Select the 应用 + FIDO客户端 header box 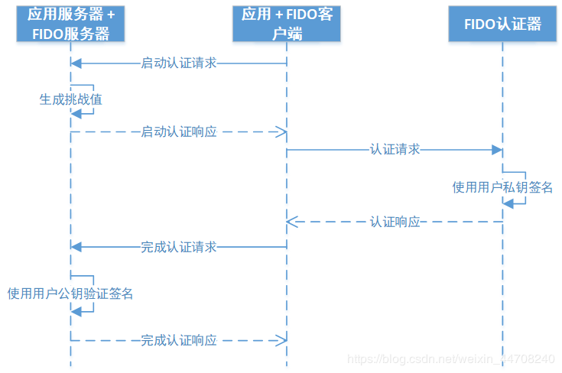point(287,24)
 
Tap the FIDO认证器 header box point(502,24)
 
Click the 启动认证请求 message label point(179,63)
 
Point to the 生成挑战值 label point(70,99)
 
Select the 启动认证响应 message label point(179,131)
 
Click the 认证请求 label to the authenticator point(395,150)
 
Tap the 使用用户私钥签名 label point(502,187)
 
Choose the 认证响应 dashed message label point(395,222)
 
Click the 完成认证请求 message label point(179,247)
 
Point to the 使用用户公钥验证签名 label point(70,293)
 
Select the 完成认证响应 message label point(179,340)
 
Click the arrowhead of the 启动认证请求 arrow point(75,63)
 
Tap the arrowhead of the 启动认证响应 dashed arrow point(281,131)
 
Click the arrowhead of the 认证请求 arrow point(497,150)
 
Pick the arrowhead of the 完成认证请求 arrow point(75,247)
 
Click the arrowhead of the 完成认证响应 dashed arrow point(281,340)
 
